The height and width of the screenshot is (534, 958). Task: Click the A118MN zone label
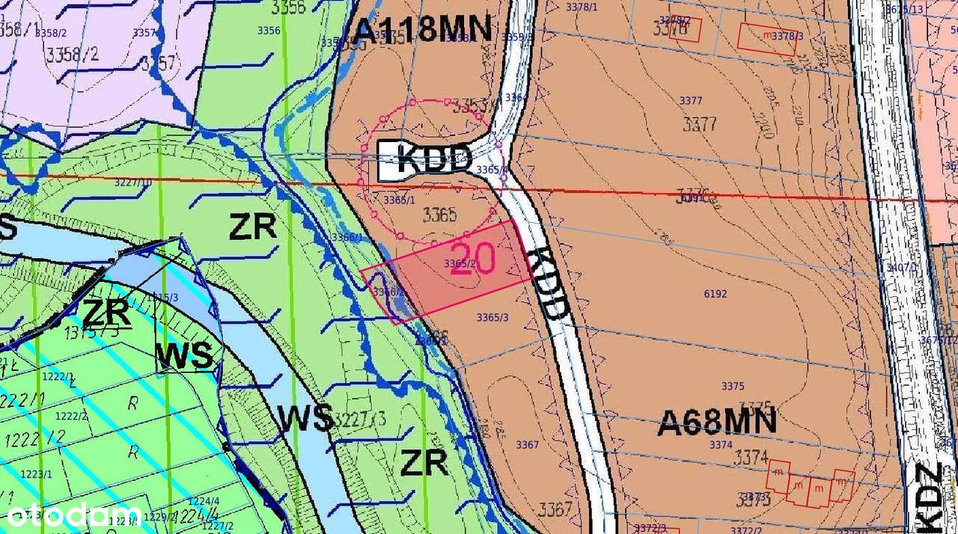(423, 30)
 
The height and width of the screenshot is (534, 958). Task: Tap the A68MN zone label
(717, 423)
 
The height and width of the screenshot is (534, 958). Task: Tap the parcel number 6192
(716, 294)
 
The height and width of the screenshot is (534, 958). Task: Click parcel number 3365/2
(460, 263)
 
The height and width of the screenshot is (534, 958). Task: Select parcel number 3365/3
(492, 317)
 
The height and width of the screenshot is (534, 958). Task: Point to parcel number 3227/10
(133, 182)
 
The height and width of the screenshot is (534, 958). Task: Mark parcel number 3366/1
(347, 237)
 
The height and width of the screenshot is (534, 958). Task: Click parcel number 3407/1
(900, 267)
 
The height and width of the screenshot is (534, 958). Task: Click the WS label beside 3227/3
(305, 418)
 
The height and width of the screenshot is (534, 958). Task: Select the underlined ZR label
(107, 313)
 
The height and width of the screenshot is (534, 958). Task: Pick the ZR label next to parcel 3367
(424, 463)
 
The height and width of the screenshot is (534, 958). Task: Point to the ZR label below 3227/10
(253, 227)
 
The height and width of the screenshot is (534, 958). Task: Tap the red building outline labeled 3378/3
(767, 39)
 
